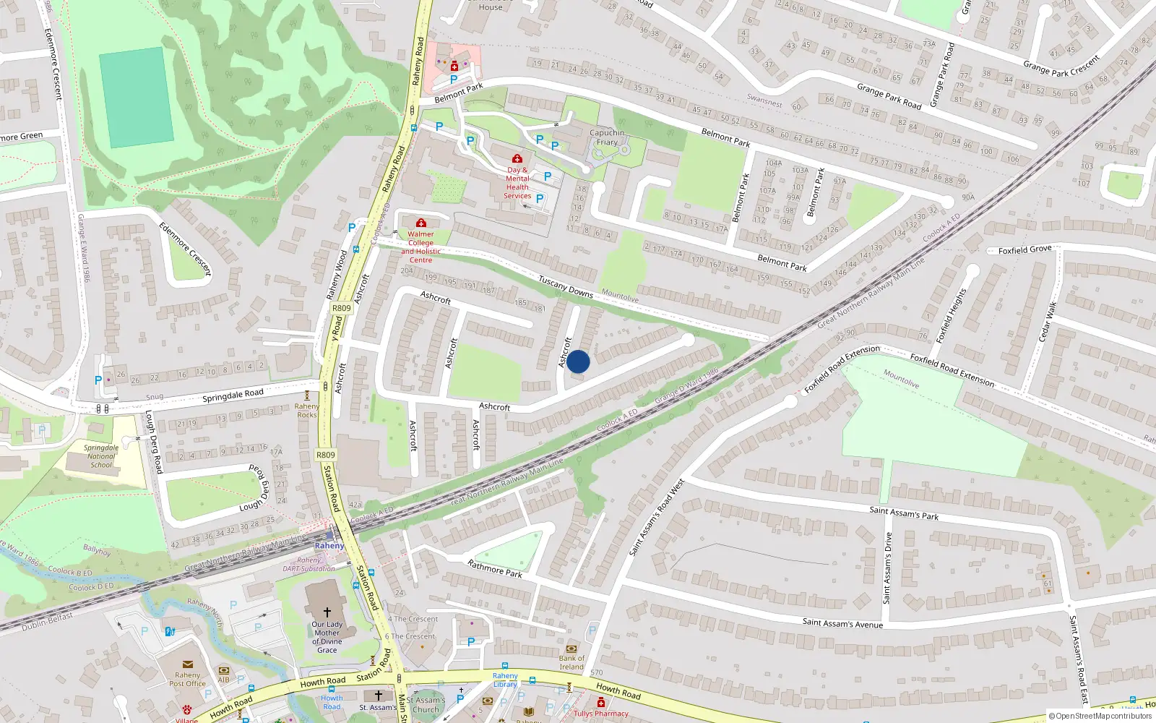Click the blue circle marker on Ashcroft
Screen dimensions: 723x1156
(x=578, y=361)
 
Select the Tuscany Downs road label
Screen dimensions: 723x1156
(x=566, y=288)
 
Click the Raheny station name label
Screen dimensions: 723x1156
(x=329, y=546)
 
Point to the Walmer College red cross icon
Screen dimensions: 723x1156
(x=421, y=223)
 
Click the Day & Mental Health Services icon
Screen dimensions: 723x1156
(x=517, y=158)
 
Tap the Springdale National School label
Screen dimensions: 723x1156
(x=101, y=456)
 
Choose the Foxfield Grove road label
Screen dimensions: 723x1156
(x=1025, y=249)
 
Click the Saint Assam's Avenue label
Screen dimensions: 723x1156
(x=842, y=623)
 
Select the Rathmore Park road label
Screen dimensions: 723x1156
(x=495, y=568)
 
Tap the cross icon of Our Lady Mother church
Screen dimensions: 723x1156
(x=327, y=612)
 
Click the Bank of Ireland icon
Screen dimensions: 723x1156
(x=571, y=649)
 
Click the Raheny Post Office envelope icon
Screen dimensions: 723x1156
(x=188, y=664)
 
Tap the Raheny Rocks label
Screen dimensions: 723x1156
(x=307, y=411)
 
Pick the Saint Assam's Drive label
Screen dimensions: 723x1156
(x=888, y=568)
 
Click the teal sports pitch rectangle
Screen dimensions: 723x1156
(x=136, y=97)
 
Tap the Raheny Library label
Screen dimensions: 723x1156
(x=505, y=680)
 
